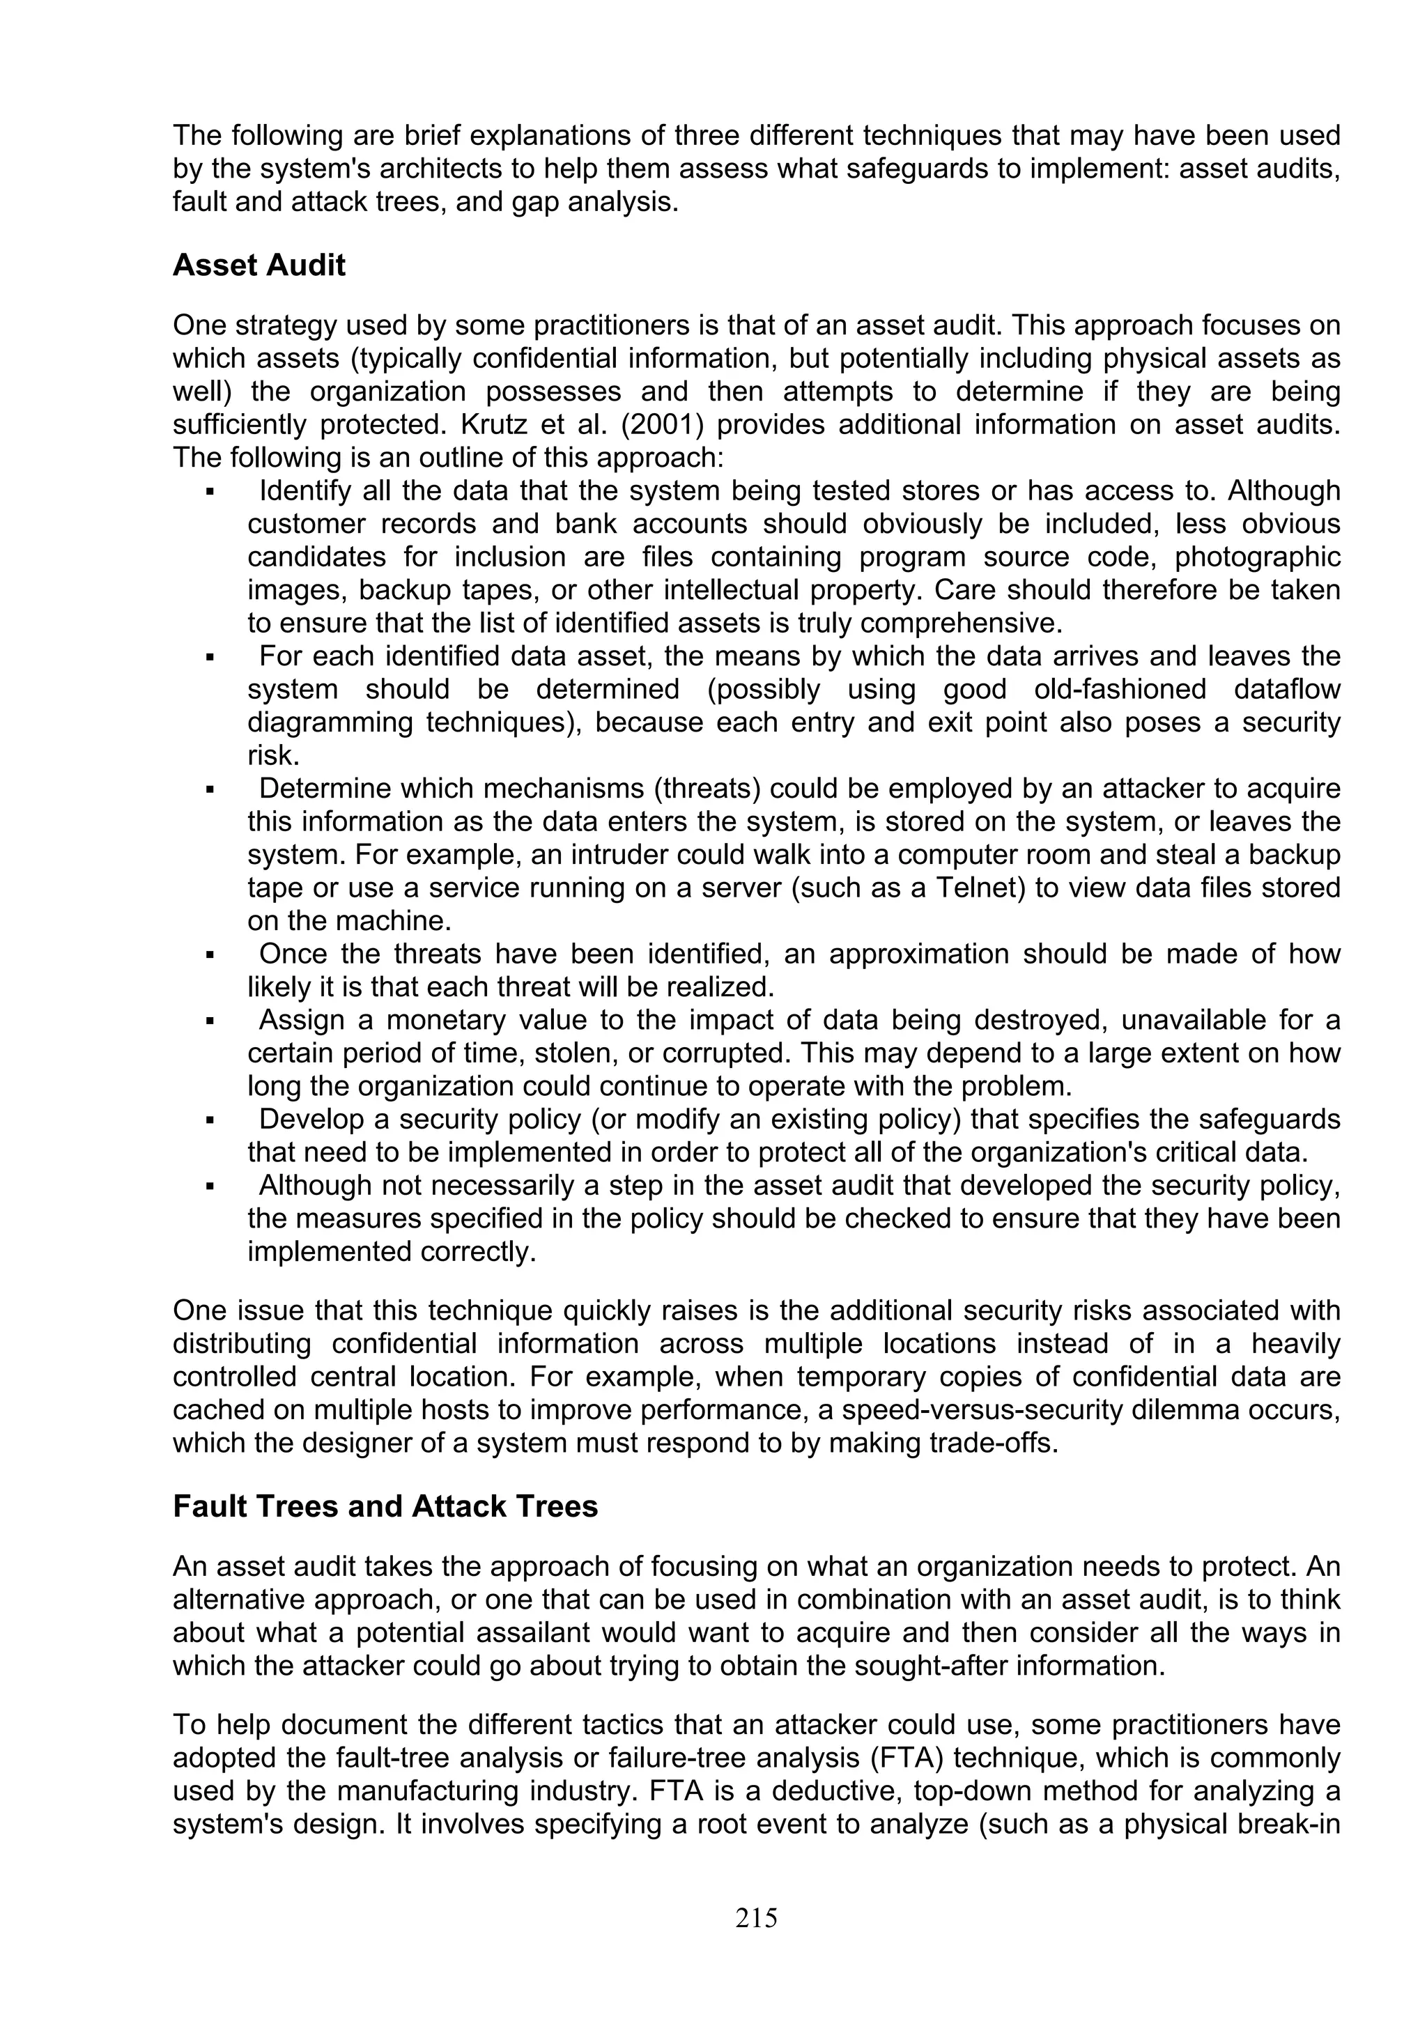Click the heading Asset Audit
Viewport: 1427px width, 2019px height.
[x=259, y=265]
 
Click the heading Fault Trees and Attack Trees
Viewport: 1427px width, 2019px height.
[x=385, y=1507]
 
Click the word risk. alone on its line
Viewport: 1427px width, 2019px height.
[x=273, y=755]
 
